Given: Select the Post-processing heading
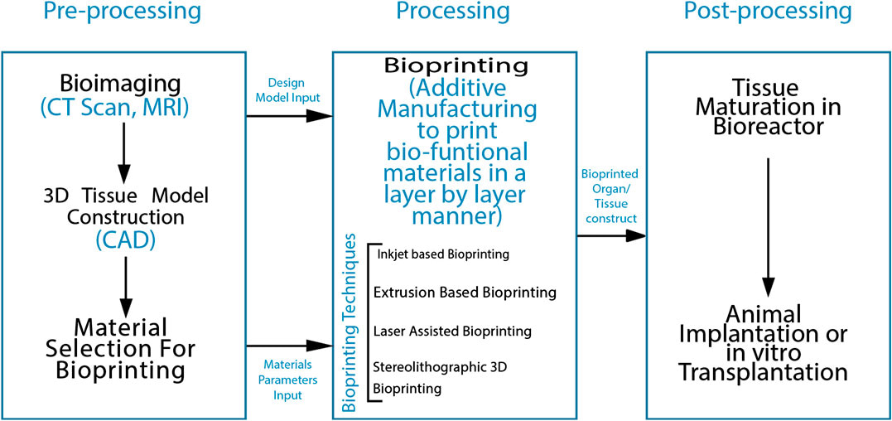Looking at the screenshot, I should point(767,12).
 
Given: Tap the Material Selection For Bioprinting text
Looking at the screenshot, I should point(123,348).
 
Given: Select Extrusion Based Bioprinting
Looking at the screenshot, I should point(464,293).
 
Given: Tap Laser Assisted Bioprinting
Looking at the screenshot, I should point(452,331).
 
